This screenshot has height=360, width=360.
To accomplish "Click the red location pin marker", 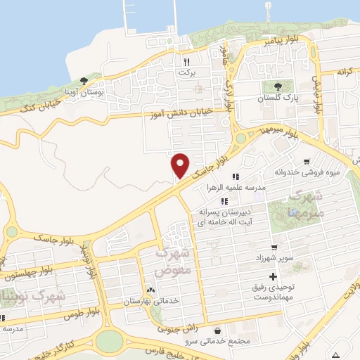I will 180,165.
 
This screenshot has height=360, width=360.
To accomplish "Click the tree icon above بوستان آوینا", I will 84,81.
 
